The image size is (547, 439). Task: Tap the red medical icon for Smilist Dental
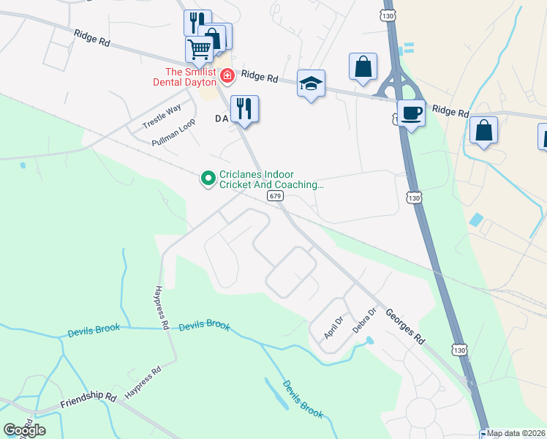pyautogui.click(x=227, y=75)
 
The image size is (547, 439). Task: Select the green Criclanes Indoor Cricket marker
pyautogui.click(x=208, y=177)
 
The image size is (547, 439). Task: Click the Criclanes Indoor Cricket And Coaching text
pyautogui.click(x=271, y=180)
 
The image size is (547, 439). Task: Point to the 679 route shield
pyautogui.click(x=274, y=197)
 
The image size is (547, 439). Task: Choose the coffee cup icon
pyautogui.click(x=411, y=113)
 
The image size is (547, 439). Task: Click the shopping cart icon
pyautogui.click(x=199, y=49)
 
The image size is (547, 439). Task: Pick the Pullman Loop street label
pyautogui.click(x=173, y=133)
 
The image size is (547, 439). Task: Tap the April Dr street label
pyautogui.click(x=333, y=326)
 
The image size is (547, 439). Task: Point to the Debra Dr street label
pyautogui.click(x=364, y=320)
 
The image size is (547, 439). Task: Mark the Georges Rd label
pyautogui.click(x=407, y=326)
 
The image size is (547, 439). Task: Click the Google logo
pyautogui.click(x=24, y=429)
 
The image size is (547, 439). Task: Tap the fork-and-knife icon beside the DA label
pyautogui.click(x=244, y=108)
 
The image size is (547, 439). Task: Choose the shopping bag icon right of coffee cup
pyautogui.click(x=483, y=130)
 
